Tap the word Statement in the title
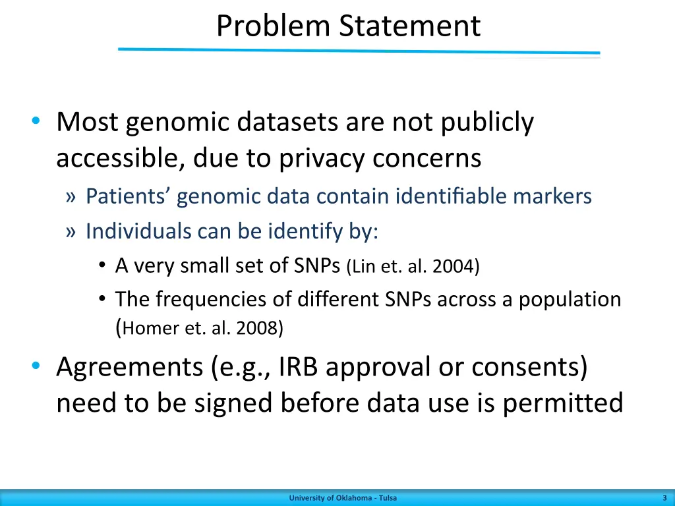tap(410, 26)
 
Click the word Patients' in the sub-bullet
tap(129, 196)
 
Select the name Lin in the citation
tap(365, 266)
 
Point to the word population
tap(570, 300)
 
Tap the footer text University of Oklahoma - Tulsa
tap(343, 498)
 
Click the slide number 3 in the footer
tap(664, 498)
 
